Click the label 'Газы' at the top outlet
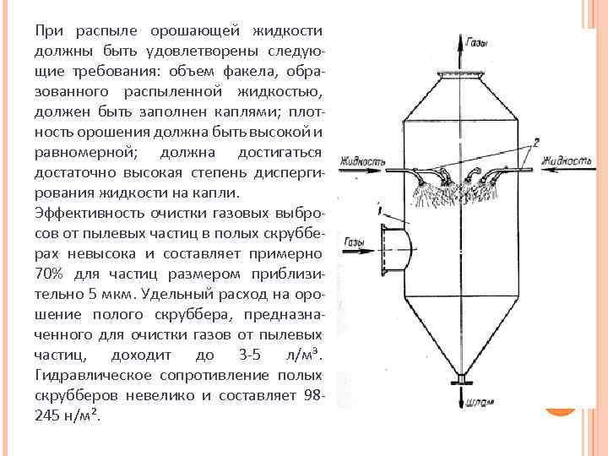point(475,42)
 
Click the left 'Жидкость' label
point(361,160)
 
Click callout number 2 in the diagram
point(535,144)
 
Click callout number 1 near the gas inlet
point(382,208)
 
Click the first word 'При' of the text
point(46,31)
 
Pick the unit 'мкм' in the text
point(118,295)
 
